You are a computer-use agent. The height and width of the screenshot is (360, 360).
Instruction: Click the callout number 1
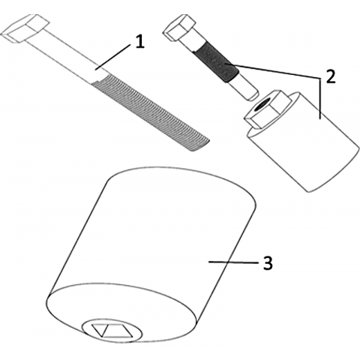point(140,41)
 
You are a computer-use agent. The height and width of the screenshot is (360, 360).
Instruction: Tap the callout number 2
point(330,76)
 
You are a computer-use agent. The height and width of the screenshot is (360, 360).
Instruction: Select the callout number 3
point(268,262)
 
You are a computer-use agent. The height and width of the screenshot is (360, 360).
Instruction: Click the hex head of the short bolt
point(178,28)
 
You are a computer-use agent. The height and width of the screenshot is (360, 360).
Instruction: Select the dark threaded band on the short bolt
point(216,62)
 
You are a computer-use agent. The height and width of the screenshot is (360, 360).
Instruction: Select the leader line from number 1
point(113,56)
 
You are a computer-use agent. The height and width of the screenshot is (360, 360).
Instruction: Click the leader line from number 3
point(233,262)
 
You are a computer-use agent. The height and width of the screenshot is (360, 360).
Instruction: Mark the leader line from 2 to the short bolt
point(272,71)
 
